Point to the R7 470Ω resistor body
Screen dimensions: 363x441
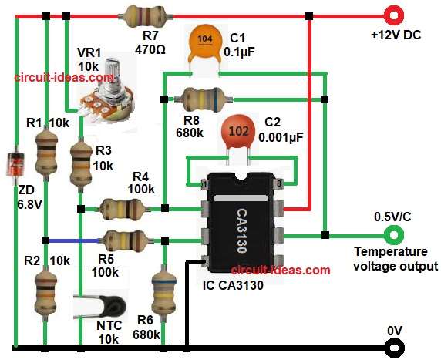[x=146, y=13]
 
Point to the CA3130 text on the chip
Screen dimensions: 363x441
[x=242, y=223]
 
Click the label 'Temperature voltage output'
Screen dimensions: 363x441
[x=395, y=259]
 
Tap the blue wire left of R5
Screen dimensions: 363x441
[x=73, y=239]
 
